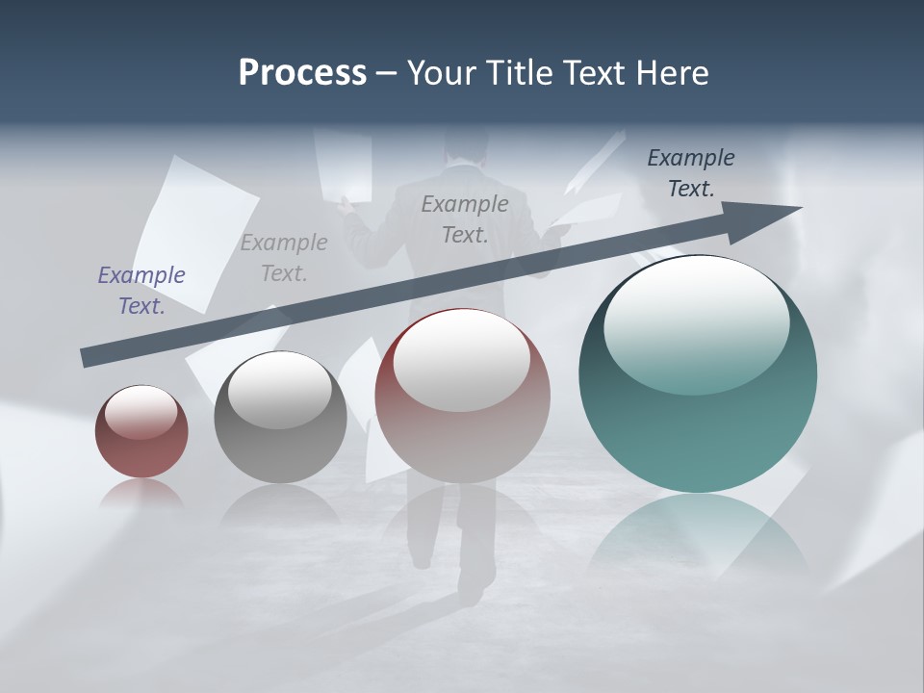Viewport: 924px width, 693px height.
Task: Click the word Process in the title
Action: tap(302, 73)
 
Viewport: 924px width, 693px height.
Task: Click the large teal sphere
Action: tap(698, 404)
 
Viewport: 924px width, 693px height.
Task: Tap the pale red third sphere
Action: tap(462, 423)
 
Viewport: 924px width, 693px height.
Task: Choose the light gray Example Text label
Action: tap(284, 258)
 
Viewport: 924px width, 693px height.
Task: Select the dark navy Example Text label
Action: tap(691, 173)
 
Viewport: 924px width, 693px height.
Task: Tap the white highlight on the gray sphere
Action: tap(280, 390)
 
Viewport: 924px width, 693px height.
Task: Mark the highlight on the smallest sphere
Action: tap(141, 412)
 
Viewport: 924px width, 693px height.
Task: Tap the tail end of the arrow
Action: tap(89, 357)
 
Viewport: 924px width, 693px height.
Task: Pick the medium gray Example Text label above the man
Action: tap(465, 219)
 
